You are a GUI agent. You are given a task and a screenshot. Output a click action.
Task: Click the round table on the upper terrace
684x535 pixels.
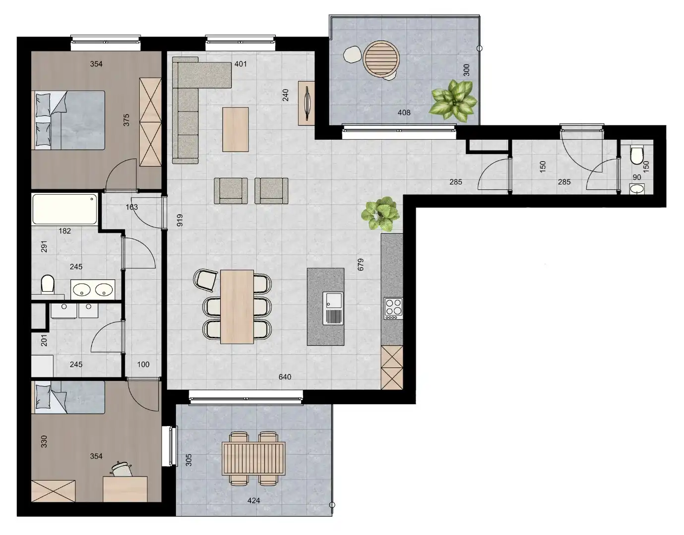coord(380,59)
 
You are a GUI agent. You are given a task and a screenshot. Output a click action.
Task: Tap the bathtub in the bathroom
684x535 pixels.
coord(64,209)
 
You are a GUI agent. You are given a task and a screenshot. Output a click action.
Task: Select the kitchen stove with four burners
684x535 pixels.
coord(393,307)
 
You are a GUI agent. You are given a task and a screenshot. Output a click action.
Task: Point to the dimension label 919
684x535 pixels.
coord(180,220)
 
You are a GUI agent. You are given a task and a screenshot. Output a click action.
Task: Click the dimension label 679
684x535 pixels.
coord(361,264)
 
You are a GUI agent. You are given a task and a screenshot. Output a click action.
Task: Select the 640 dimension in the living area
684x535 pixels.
coord(285,377)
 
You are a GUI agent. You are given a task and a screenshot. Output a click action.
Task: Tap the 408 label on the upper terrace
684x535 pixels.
coord(404,112)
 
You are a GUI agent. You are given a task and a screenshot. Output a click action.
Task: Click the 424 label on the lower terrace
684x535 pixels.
coord(253,500)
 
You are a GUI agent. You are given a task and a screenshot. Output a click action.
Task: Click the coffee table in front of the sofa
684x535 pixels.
coord(235,129)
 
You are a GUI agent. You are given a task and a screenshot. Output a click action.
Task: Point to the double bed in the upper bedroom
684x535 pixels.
coord(69,120)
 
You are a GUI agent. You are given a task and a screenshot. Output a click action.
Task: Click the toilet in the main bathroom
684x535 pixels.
coord(48,285)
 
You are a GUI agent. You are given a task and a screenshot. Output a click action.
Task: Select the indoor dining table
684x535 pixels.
coord(237,306)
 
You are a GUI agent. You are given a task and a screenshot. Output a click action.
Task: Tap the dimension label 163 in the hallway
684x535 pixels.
coord(131,207)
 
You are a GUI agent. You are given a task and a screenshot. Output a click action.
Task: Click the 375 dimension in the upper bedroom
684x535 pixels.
coord(126,120)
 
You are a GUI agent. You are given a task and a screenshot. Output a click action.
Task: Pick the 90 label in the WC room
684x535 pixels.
coord(637,177)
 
